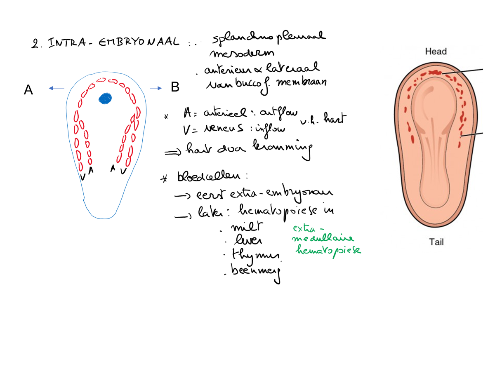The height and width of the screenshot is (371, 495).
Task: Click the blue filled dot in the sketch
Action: click(105, 98)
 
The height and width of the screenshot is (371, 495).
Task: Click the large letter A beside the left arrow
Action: click(28, 89)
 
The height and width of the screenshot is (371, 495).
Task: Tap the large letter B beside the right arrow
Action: click(175, 87)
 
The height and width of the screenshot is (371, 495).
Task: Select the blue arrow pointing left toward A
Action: click(57, 88)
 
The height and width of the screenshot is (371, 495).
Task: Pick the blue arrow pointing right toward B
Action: click(156, 88)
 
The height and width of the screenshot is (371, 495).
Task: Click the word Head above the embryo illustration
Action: click(436, 52)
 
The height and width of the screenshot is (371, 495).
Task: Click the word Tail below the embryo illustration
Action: click(436, 242)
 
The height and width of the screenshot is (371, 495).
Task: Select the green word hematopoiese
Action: click(328, 249)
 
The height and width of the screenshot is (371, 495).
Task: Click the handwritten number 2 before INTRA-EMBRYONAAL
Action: click(34, 43)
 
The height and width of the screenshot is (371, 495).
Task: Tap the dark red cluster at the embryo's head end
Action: click(434, 73)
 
